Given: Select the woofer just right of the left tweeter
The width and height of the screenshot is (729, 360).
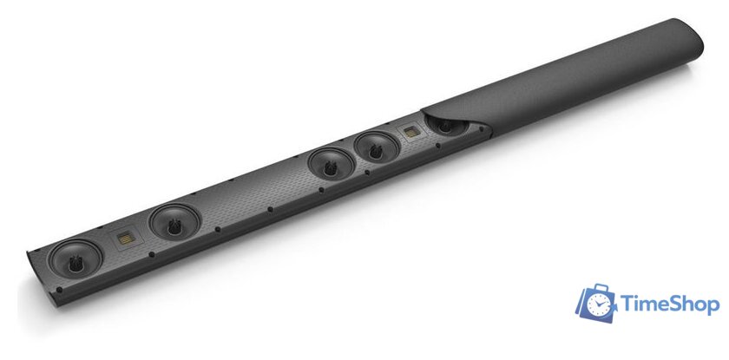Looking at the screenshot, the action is click(174, 222).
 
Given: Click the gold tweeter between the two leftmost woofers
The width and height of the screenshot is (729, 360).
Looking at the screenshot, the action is click(126, 239).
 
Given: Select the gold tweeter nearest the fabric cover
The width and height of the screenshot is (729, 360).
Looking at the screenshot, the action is click(411, 133).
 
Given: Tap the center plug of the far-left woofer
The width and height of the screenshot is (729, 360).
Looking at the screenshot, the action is click(75, 264).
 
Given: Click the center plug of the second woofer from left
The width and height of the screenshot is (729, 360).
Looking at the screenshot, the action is click(174, 226).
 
